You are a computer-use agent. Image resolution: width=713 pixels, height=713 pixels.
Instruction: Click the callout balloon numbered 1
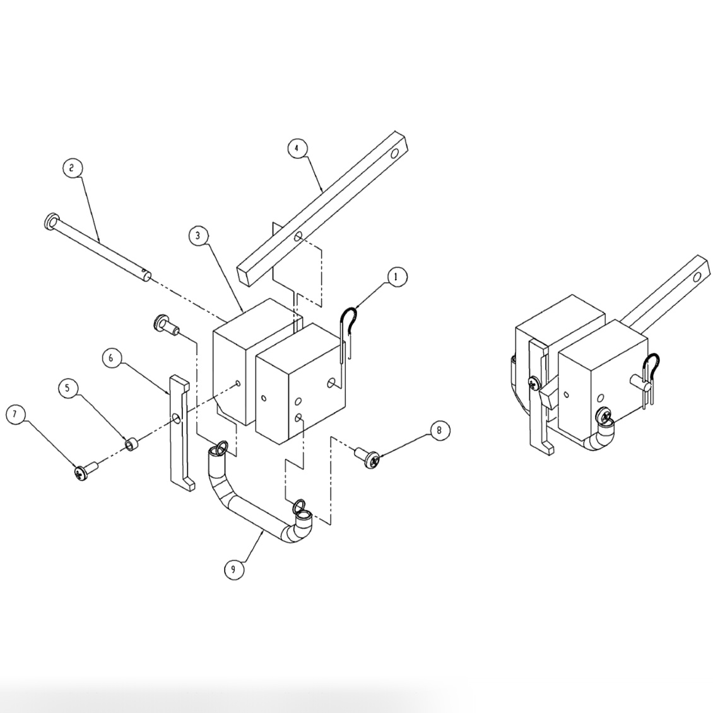(x=396, y=277)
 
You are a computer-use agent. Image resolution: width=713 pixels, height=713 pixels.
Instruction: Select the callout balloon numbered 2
(x=73, y=168)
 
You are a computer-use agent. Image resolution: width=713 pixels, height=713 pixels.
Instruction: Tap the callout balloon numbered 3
(x=198, y=235)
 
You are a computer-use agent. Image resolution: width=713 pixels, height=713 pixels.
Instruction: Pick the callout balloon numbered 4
(x=297, y=148)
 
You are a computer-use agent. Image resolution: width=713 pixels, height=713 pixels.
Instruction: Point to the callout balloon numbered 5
(x=69, y=387)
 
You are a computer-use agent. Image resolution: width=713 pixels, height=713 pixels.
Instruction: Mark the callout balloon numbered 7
(x=16, y=415)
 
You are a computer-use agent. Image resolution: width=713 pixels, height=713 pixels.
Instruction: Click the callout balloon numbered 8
(x=440, y=430)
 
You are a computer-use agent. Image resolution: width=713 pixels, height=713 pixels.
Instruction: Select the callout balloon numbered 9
(x=233, y=569)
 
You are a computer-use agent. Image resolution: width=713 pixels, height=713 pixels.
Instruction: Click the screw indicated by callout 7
(x=84, y=471)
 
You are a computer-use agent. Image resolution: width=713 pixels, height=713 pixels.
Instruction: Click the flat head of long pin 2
(x=51, y=221)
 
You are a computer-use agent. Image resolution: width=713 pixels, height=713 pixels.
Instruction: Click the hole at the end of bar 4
(x=394, y=153)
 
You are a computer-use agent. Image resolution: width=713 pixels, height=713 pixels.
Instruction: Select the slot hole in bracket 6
(x=176, y=418)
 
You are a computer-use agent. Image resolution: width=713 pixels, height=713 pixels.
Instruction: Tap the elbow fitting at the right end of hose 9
(x=302, y=525)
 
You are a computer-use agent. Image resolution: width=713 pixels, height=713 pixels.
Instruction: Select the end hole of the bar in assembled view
(x=698, y=276)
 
